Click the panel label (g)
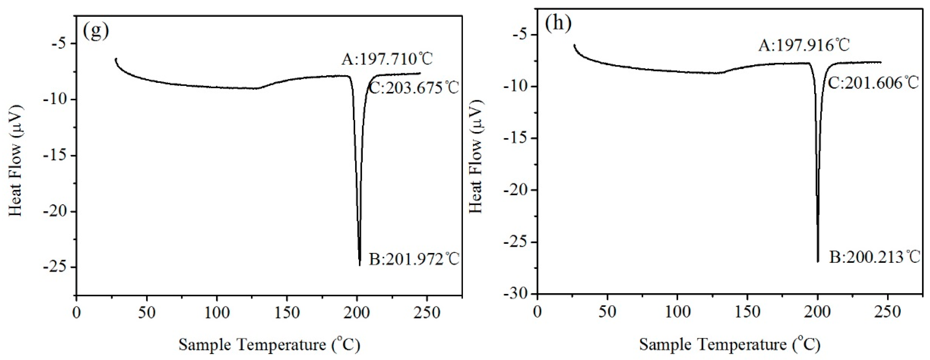point(96,31)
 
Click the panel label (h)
point(558,23)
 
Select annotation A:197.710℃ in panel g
point(387,59)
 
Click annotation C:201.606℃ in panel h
point(873,83)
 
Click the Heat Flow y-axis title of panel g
point(16,161)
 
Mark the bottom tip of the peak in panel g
point(360,265)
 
